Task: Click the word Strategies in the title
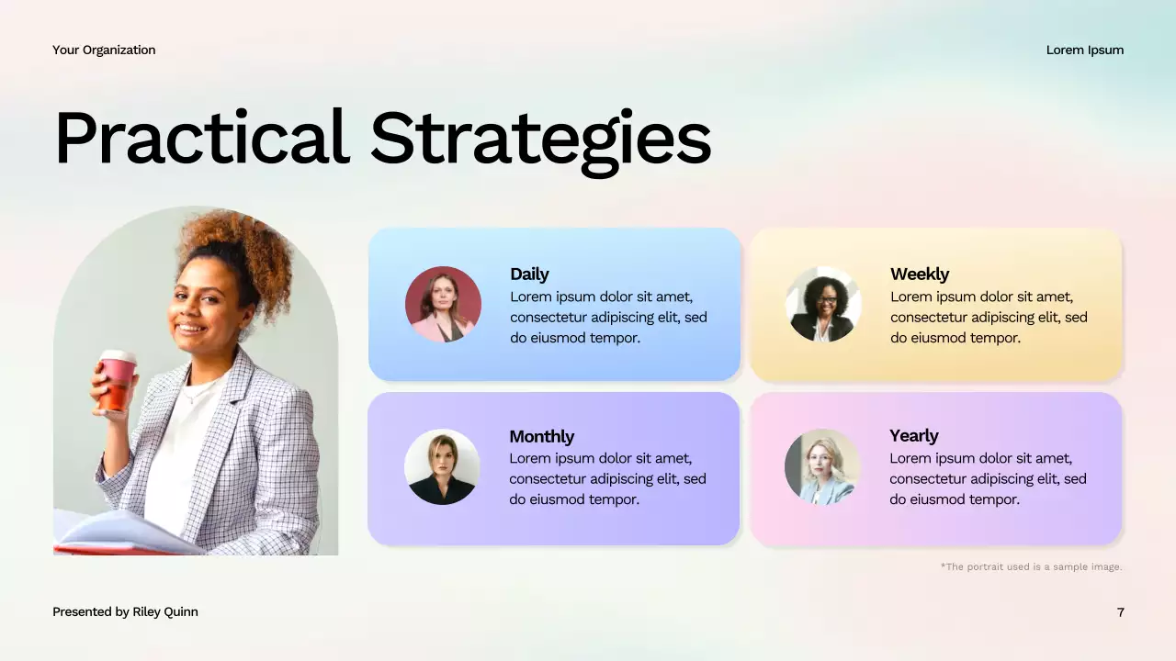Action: coord(540,140)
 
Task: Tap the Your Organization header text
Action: coord(104,50)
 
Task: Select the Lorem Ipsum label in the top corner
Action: coord(1084,50)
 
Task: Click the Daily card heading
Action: coord(529,274)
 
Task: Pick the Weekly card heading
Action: coord(919,274)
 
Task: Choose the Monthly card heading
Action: coord(541,436)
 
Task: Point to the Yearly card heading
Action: coord(913,435)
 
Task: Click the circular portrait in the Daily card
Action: coord(443,304)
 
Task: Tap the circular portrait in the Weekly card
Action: coord(823,304)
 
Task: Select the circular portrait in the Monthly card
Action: coord(442,466)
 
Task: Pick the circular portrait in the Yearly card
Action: coord(822,466)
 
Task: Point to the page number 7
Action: coord(1120,611)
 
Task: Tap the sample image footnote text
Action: coord(1031,566)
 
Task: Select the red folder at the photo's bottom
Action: coord(110,549)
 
